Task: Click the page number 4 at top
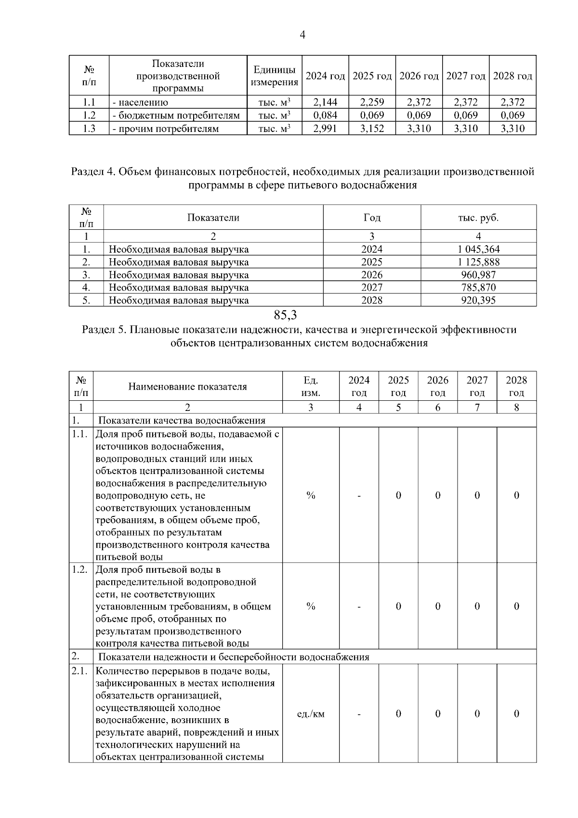pos(302,35)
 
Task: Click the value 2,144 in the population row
pos(325,102)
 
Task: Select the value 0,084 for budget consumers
pos(325,115)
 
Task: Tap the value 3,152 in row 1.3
pos(372,129)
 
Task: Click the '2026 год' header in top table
pos(419,76)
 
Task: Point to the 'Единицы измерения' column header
pos(275,76)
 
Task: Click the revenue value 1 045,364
pos(478,249)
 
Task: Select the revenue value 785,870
pos(478,288)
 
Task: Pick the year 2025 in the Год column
pos(372,262)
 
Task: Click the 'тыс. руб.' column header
pos(478,218)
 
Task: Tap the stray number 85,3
pos(285,316)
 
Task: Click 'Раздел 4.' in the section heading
pos(93,172)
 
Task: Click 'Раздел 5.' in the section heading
pos(105,330)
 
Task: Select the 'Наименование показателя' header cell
pos(187,386)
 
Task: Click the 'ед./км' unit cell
pos(311,714)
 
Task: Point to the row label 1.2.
pos(79,569)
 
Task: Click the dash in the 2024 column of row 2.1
pos(359,714)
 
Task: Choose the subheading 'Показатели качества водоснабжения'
pos(182,421)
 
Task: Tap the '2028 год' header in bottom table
pos(516,386)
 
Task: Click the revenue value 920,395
pos(478,301)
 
